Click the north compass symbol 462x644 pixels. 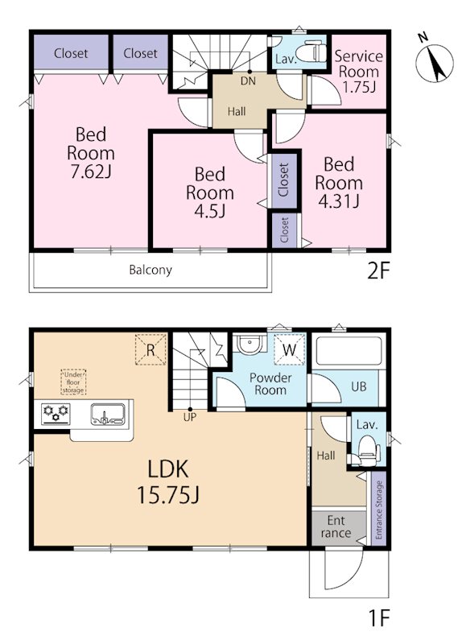click(x=434, y=63)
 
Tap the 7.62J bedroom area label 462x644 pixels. click(x=91, y=153)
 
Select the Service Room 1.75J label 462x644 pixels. click(x=358, y=72)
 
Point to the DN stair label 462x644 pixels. click(x=248, y=81)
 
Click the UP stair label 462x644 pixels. click(x=190, y=418)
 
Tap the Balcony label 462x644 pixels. click(x=151, y=270)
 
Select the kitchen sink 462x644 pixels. click(x=108, y=415)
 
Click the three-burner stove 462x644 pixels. click(x=56, y=414)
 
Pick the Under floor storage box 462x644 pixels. click(x=73, y=382)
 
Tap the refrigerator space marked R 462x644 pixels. click(x=151, y=350)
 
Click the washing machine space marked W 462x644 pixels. click(x=290, y=350)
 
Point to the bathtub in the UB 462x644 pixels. click(x=349, y=352)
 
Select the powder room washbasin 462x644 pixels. click(x=250, y=345)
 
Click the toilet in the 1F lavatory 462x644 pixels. click(x=368, y=451)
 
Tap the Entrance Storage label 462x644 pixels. click(x=378, y=510)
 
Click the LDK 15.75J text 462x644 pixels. click(x=168, y=481)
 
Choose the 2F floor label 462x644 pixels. click(x=377, y=270)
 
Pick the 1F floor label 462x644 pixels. click(x=377, y=617)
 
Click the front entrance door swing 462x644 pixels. click(x=344, y=570)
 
